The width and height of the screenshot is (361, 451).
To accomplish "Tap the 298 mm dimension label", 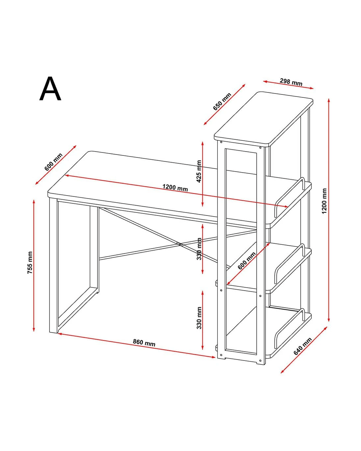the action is pos(291,82).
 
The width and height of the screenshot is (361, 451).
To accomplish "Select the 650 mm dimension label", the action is pos(222,101).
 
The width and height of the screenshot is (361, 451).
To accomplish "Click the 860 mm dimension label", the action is pos(144,343).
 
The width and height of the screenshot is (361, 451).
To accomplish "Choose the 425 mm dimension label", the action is pos(199,171).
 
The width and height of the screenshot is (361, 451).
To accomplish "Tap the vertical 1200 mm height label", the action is pos(324,201).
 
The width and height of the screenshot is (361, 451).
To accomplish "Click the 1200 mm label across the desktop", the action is pos(175,188).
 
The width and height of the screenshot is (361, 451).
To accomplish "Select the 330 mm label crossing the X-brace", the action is pos(199,249).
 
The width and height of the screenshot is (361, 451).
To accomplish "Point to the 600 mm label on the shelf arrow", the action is pos(247,260).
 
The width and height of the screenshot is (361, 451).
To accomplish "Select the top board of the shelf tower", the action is pos(264,118).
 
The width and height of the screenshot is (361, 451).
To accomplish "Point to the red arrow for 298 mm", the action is pos(288,85).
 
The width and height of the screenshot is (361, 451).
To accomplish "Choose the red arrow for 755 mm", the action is pos(33,266).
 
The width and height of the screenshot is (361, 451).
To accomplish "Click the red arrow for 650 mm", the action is pos(224,104).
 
